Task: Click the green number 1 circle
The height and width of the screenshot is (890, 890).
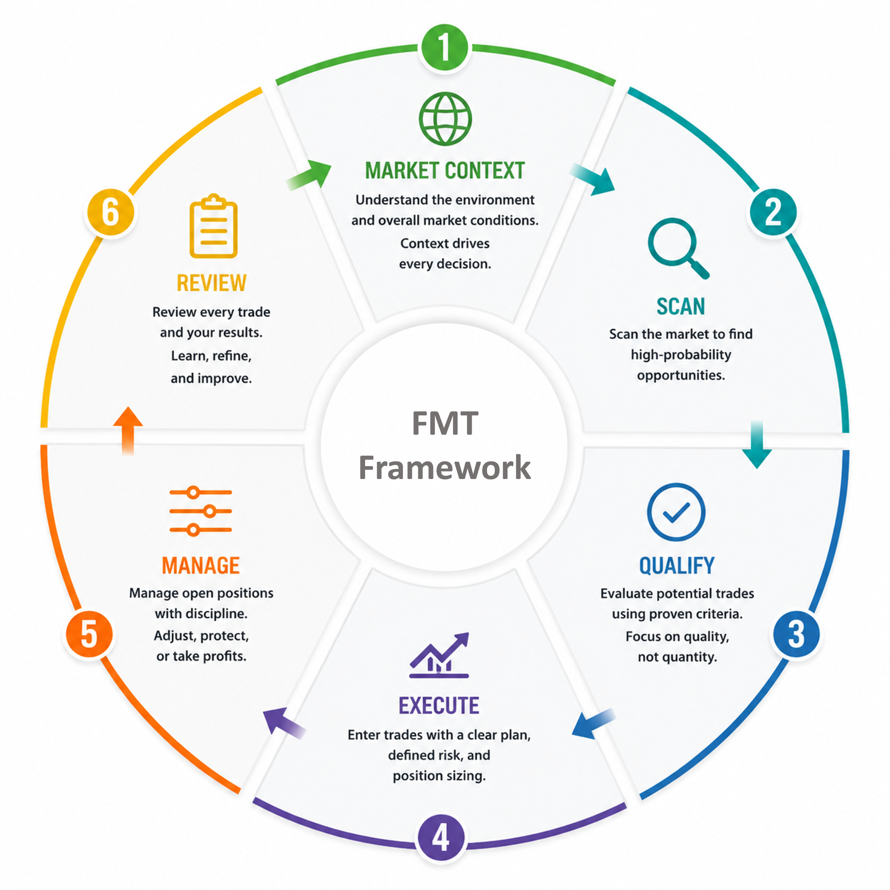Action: point(444,47)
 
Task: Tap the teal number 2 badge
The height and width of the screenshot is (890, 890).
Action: point(773,213)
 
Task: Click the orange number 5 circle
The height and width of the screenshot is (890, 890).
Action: point(89,634)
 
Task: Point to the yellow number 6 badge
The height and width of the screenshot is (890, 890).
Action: point(111,213)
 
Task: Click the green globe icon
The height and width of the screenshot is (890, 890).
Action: point(445,119)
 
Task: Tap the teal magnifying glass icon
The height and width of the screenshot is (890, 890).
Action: point(678,248)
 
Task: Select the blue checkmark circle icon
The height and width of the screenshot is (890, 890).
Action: point(676,512)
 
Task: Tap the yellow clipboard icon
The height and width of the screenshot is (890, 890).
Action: point(214,226)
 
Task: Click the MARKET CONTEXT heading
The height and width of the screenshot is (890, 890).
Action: point(445,170)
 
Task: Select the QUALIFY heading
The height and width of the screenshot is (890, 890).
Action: point(677,566)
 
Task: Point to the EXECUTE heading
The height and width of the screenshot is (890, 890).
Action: point(439,706)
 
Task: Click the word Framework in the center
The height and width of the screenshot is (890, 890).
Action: point(444,468)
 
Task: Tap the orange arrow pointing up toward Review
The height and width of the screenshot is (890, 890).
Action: point(128,431)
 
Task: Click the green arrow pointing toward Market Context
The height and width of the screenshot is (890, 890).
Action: point(309,175)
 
